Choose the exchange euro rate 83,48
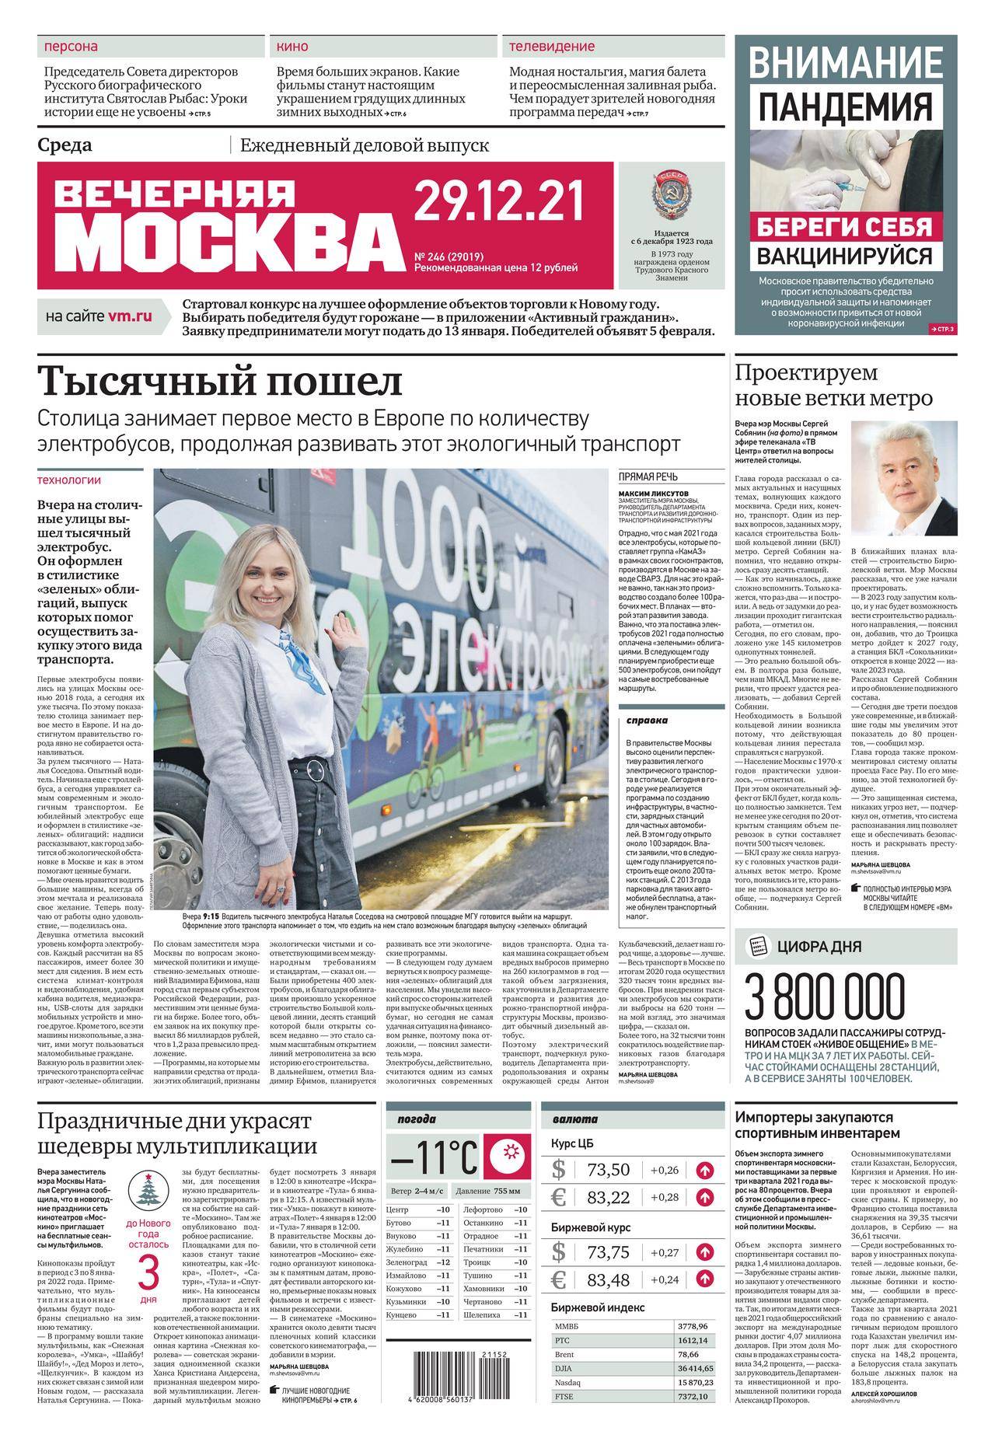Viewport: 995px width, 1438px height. [608, 1279]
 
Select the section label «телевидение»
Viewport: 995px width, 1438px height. [552, 47]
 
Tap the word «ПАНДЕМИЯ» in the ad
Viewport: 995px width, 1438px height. [845, 104]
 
